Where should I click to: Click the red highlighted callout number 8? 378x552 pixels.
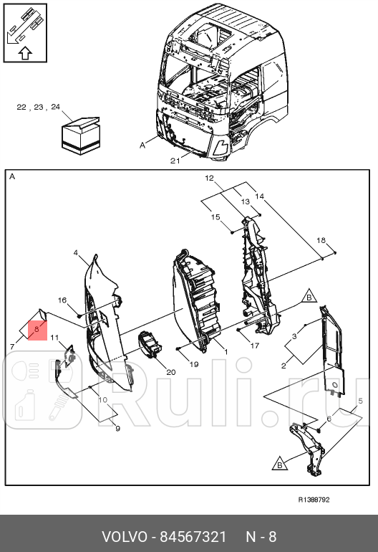tap(37, 329)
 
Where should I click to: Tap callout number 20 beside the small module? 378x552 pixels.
tap(170, 371)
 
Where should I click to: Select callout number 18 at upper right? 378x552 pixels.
tap(321, 239)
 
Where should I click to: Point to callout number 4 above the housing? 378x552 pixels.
tap(76, 253)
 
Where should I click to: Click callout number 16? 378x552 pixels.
tap(62, 300)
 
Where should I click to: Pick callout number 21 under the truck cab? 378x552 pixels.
tap(175, 161)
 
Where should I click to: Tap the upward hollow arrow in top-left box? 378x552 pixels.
tap(25, 52)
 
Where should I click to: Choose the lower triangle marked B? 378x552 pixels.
tap(279, 464)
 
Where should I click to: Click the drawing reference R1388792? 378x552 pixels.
tap(314, 500)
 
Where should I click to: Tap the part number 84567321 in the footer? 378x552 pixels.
tap(193, 537)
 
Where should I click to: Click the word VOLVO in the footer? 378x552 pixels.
tap(123, 537)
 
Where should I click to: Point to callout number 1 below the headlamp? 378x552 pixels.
tap(226, 352)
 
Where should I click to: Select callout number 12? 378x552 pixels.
tap(209, 177)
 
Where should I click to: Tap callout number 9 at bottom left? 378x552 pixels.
tap(118, 428)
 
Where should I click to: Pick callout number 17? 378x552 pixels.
tap(254, 346)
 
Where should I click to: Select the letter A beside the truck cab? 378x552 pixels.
tap(142, 145)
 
